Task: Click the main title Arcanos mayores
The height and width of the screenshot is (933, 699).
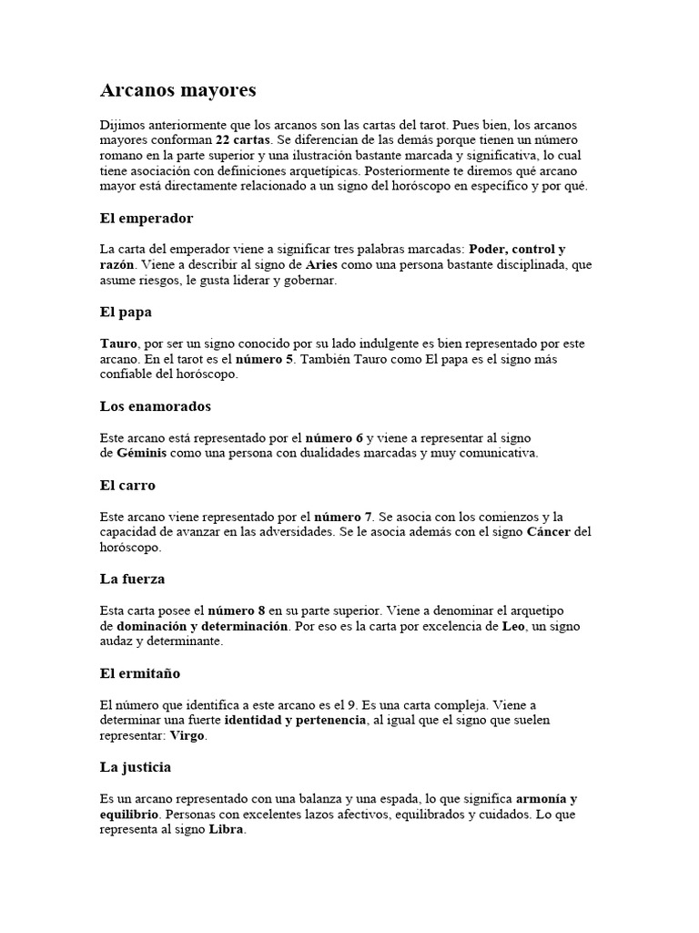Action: (x=177, y=90)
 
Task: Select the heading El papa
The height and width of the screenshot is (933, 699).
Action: (x=126, y=312)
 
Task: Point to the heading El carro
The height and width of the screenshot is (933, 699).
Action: (x=127, y=486)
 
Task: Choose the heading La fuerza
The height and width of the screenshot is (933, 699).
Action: (x=132, y=579)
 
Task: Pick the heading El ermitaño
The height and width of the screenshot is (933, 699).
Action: (x=140, y=673)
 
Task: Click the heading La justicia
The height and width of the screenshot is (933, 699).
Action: (x=136, y=767)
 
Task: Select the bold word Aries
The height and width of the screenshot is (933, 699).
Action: (x=325, y=265)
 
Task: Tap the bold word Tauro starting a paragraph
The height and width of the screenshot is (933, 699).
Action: (x=118, y=343)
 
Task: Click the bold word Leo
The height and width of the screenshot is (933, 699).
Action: (x=513, y=627)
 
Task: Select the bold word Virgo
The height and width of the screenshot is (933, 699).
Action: (x=188, y=735)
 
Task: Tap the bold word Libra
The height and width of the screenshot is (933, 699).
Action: (x=228, y=830)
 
